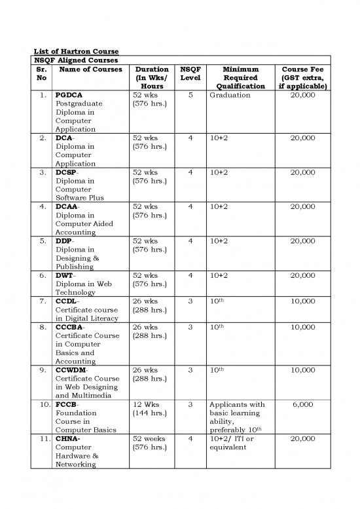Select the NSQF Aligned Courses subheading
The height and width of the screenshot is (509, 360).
[65, 60]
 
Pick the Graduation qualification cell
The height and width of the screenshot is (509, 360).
[230, 95]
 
